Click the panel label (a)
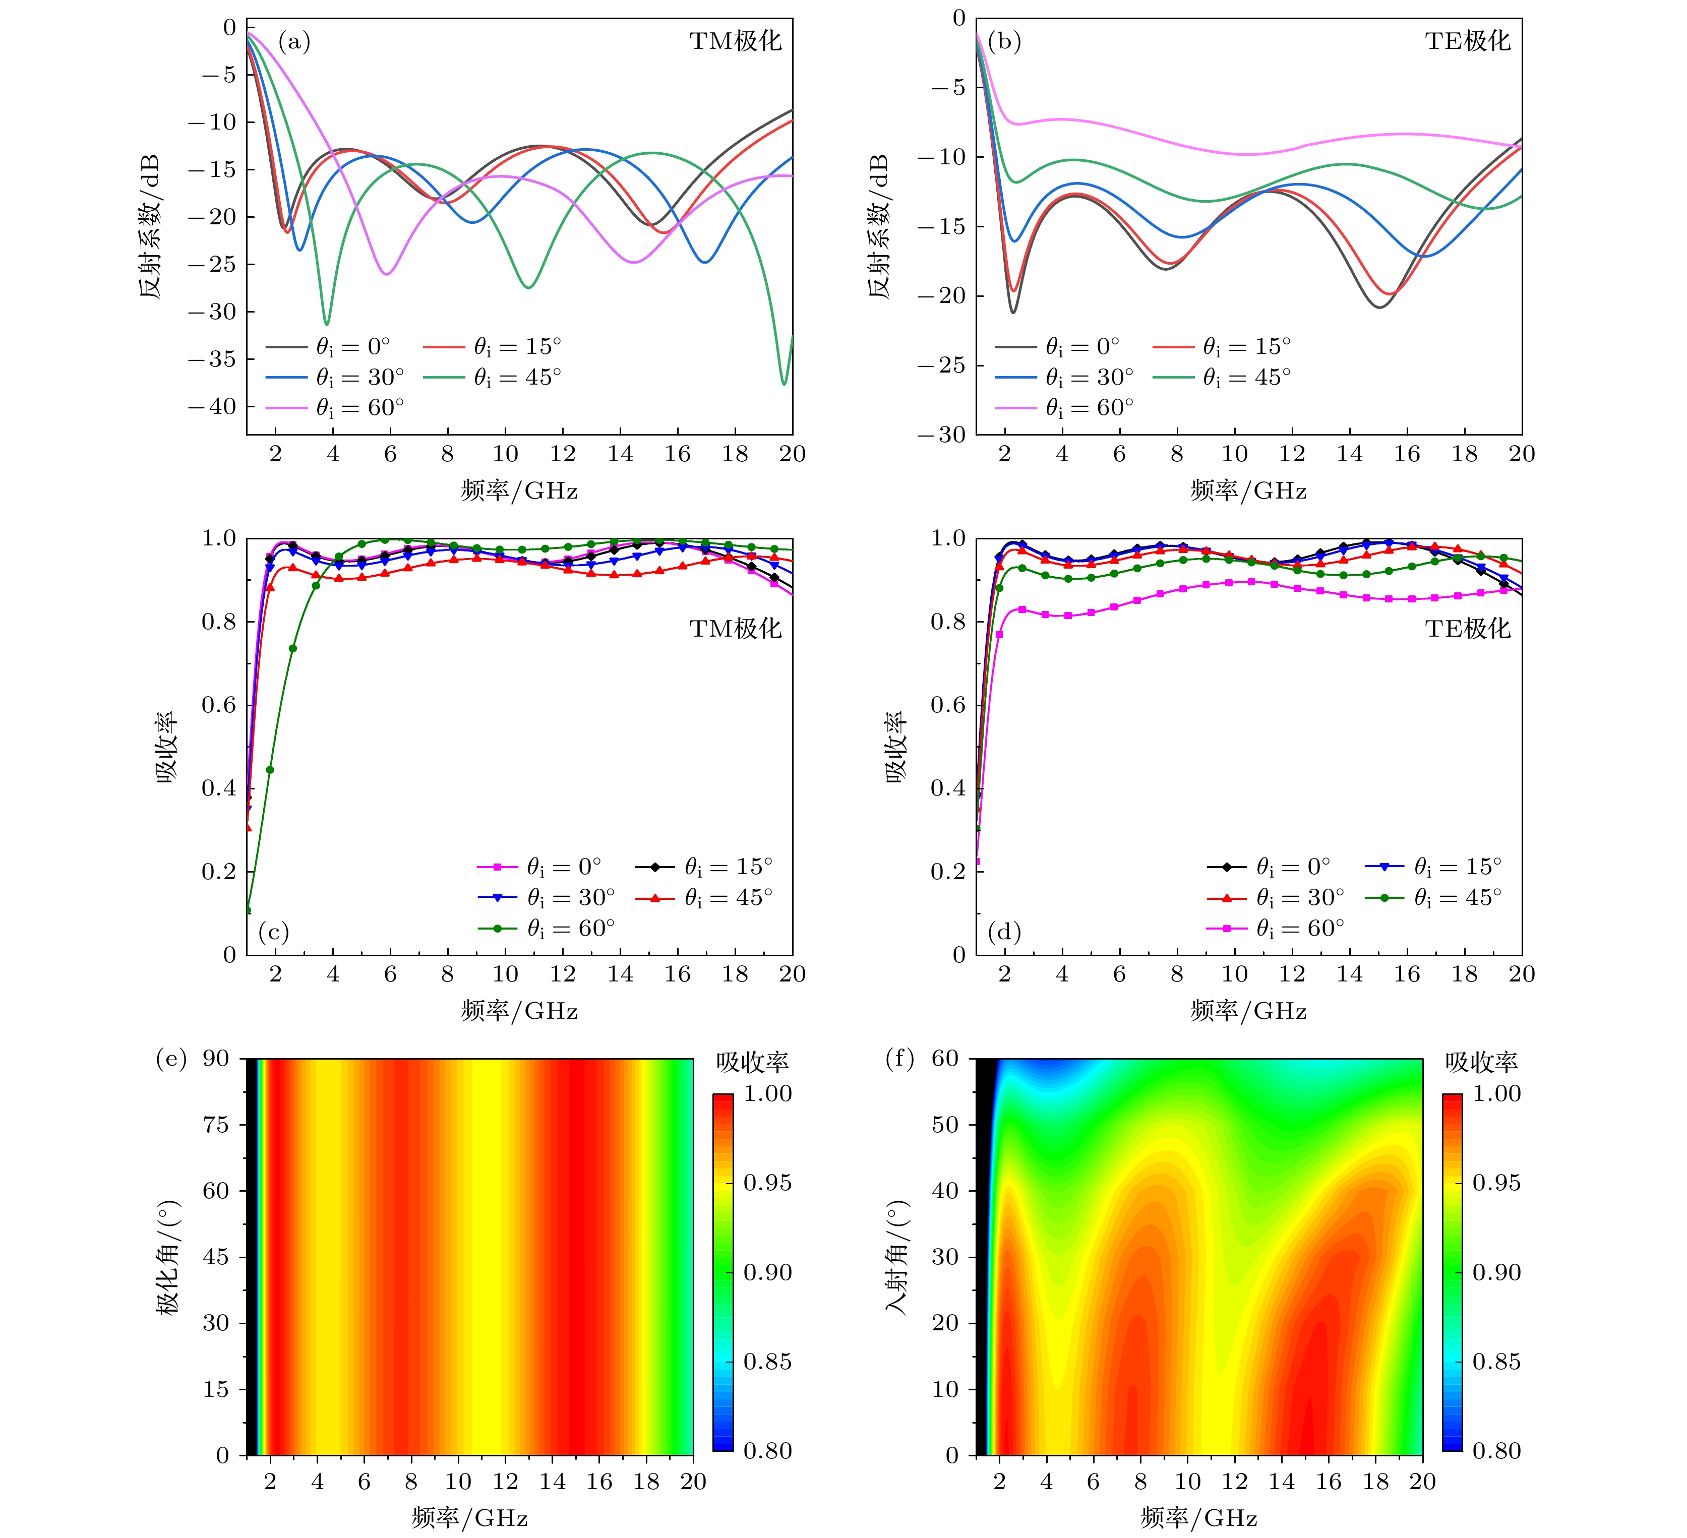[x=294, y=42]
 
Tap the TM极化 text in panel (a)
[x=735, y=42]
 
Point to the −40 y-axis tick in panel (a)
[x=212, y=407]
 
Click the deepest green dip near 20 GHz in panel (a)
[x=784, y=383]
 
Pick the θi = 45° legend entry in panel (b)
[x=1222, y=378]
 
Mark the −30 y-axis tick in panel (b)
[x=941, y=435]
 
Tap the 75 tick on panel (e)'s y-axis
[x=216, y=1125]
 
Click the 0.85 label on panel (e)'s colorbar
[x=766, y=1362]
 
